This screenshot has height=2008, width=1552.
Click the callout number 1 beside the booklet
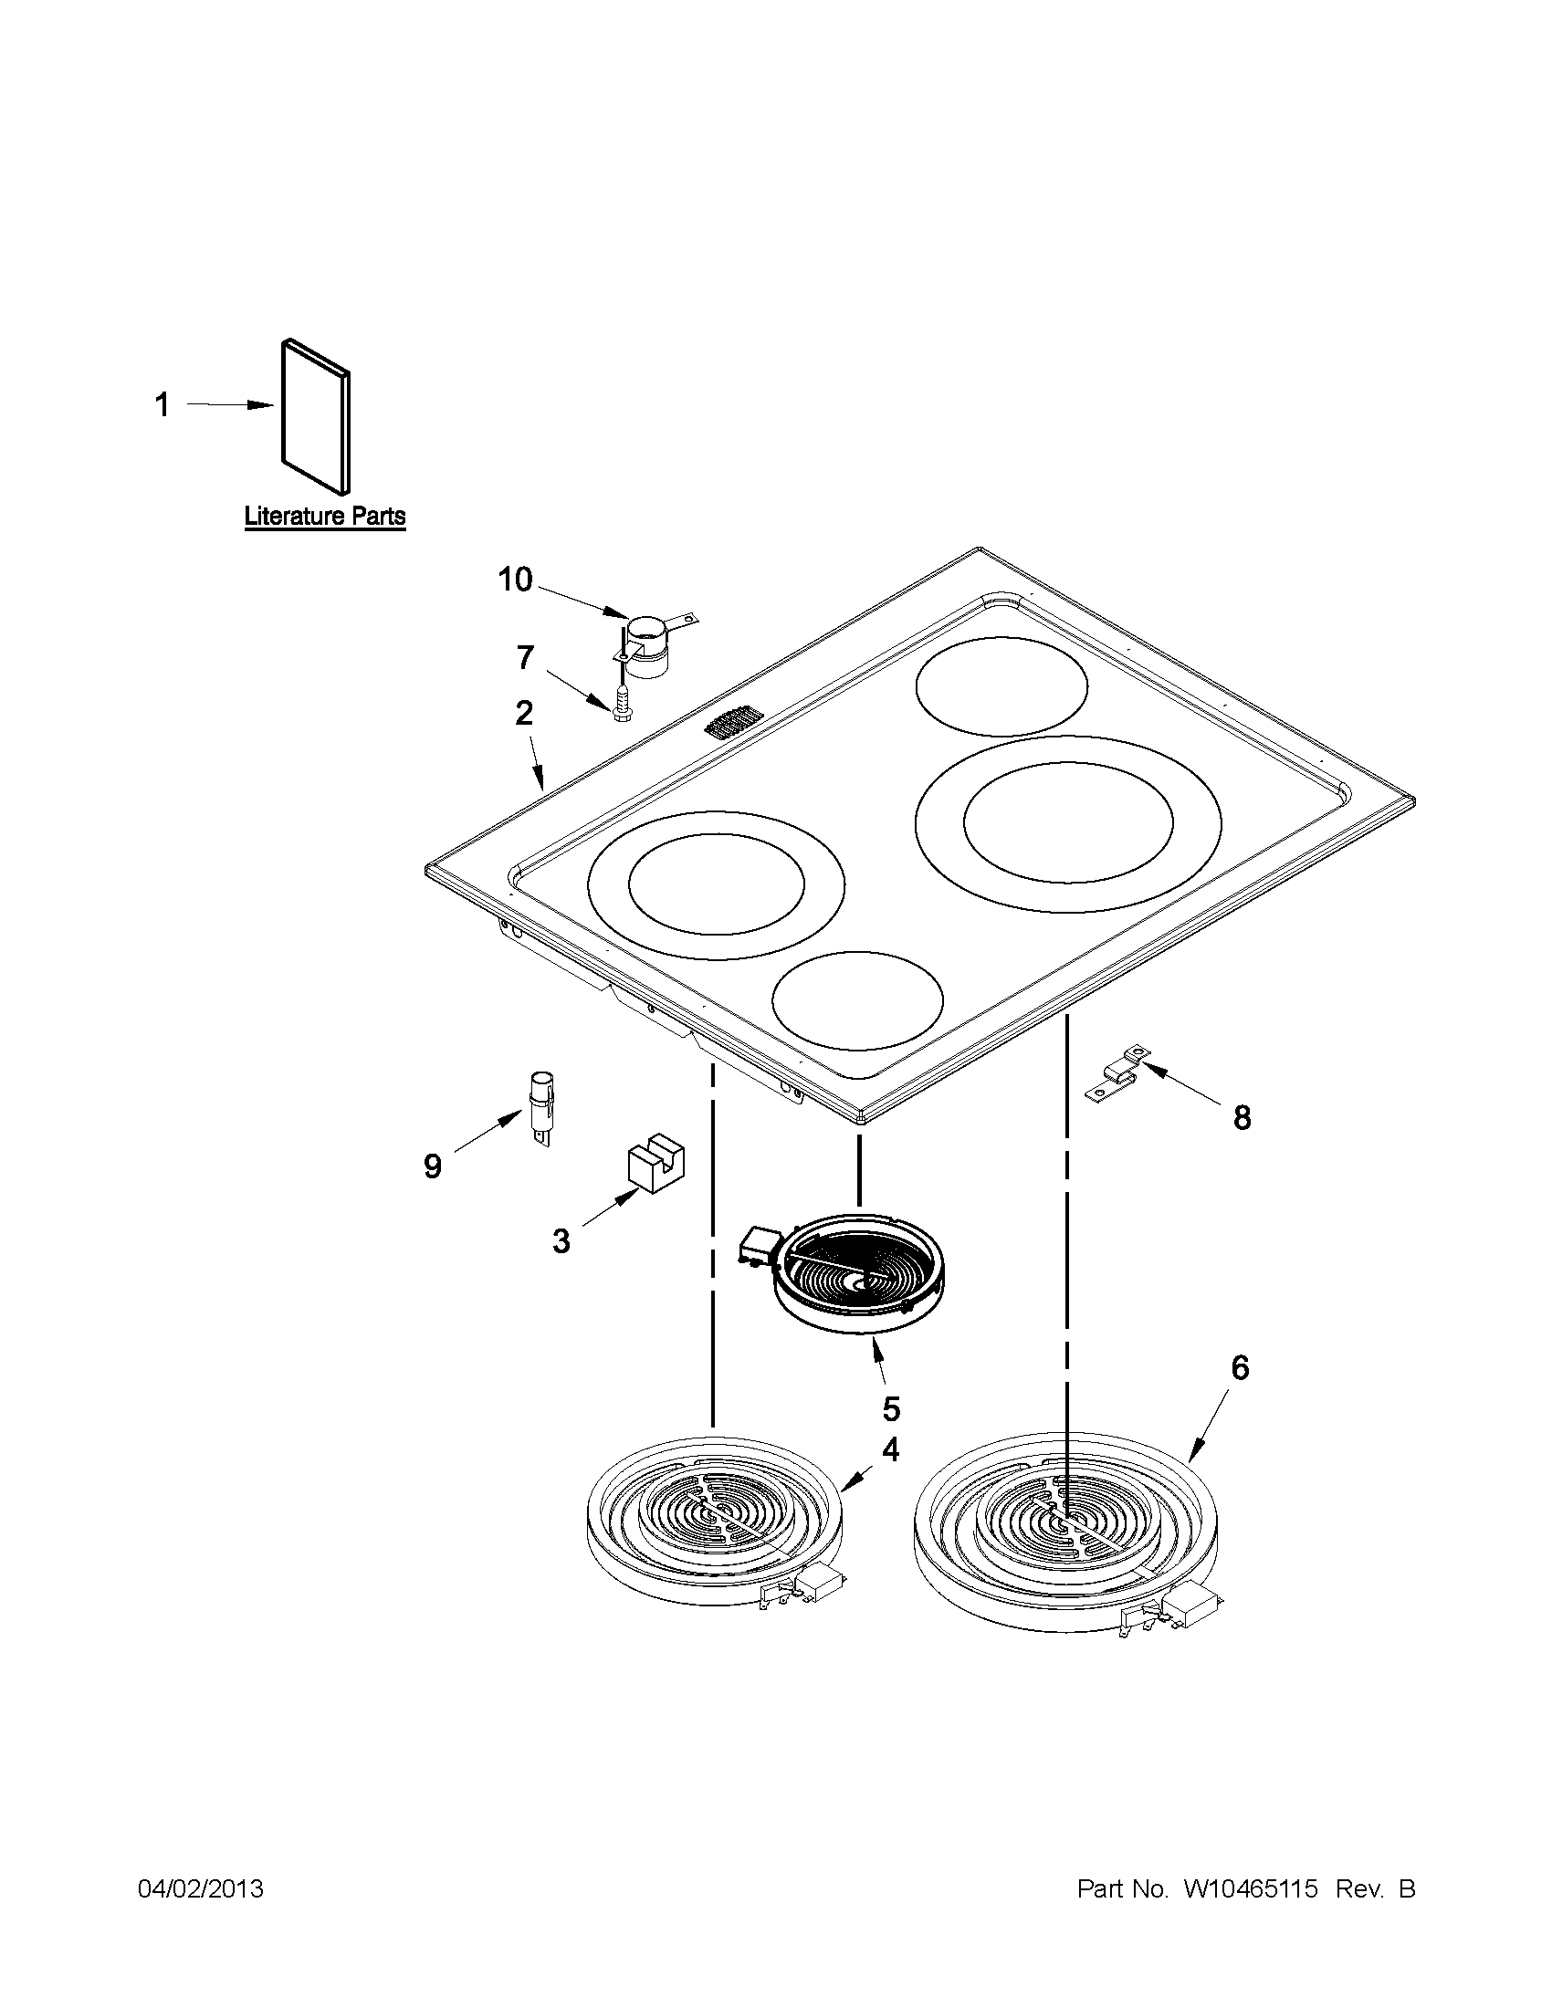pos(162,404)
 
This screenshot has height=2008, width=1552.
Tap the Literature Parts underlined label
pos(325,516)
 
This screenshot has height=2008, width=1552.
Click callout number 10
pos(515,580)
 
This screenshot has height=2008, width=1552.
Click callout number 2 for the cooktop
pos(523,713)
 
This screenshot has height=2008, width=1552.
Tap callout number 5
pos(891,1407)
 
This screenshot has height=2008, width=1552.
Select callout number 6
pos(1240,1394)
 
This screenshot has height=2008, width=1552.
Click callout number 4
pos(890,1450)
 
